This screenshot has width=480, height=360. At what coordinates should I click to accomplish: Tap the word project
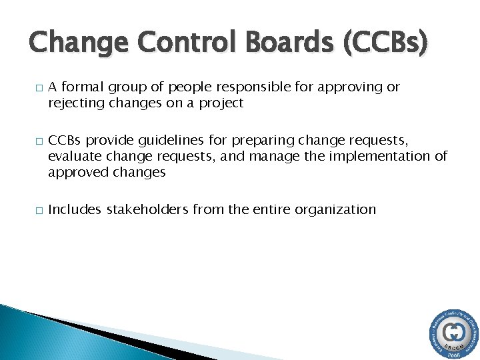coord(221,103)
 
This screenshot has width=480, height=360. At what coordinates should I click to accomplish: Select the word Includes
coord(73,209)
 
